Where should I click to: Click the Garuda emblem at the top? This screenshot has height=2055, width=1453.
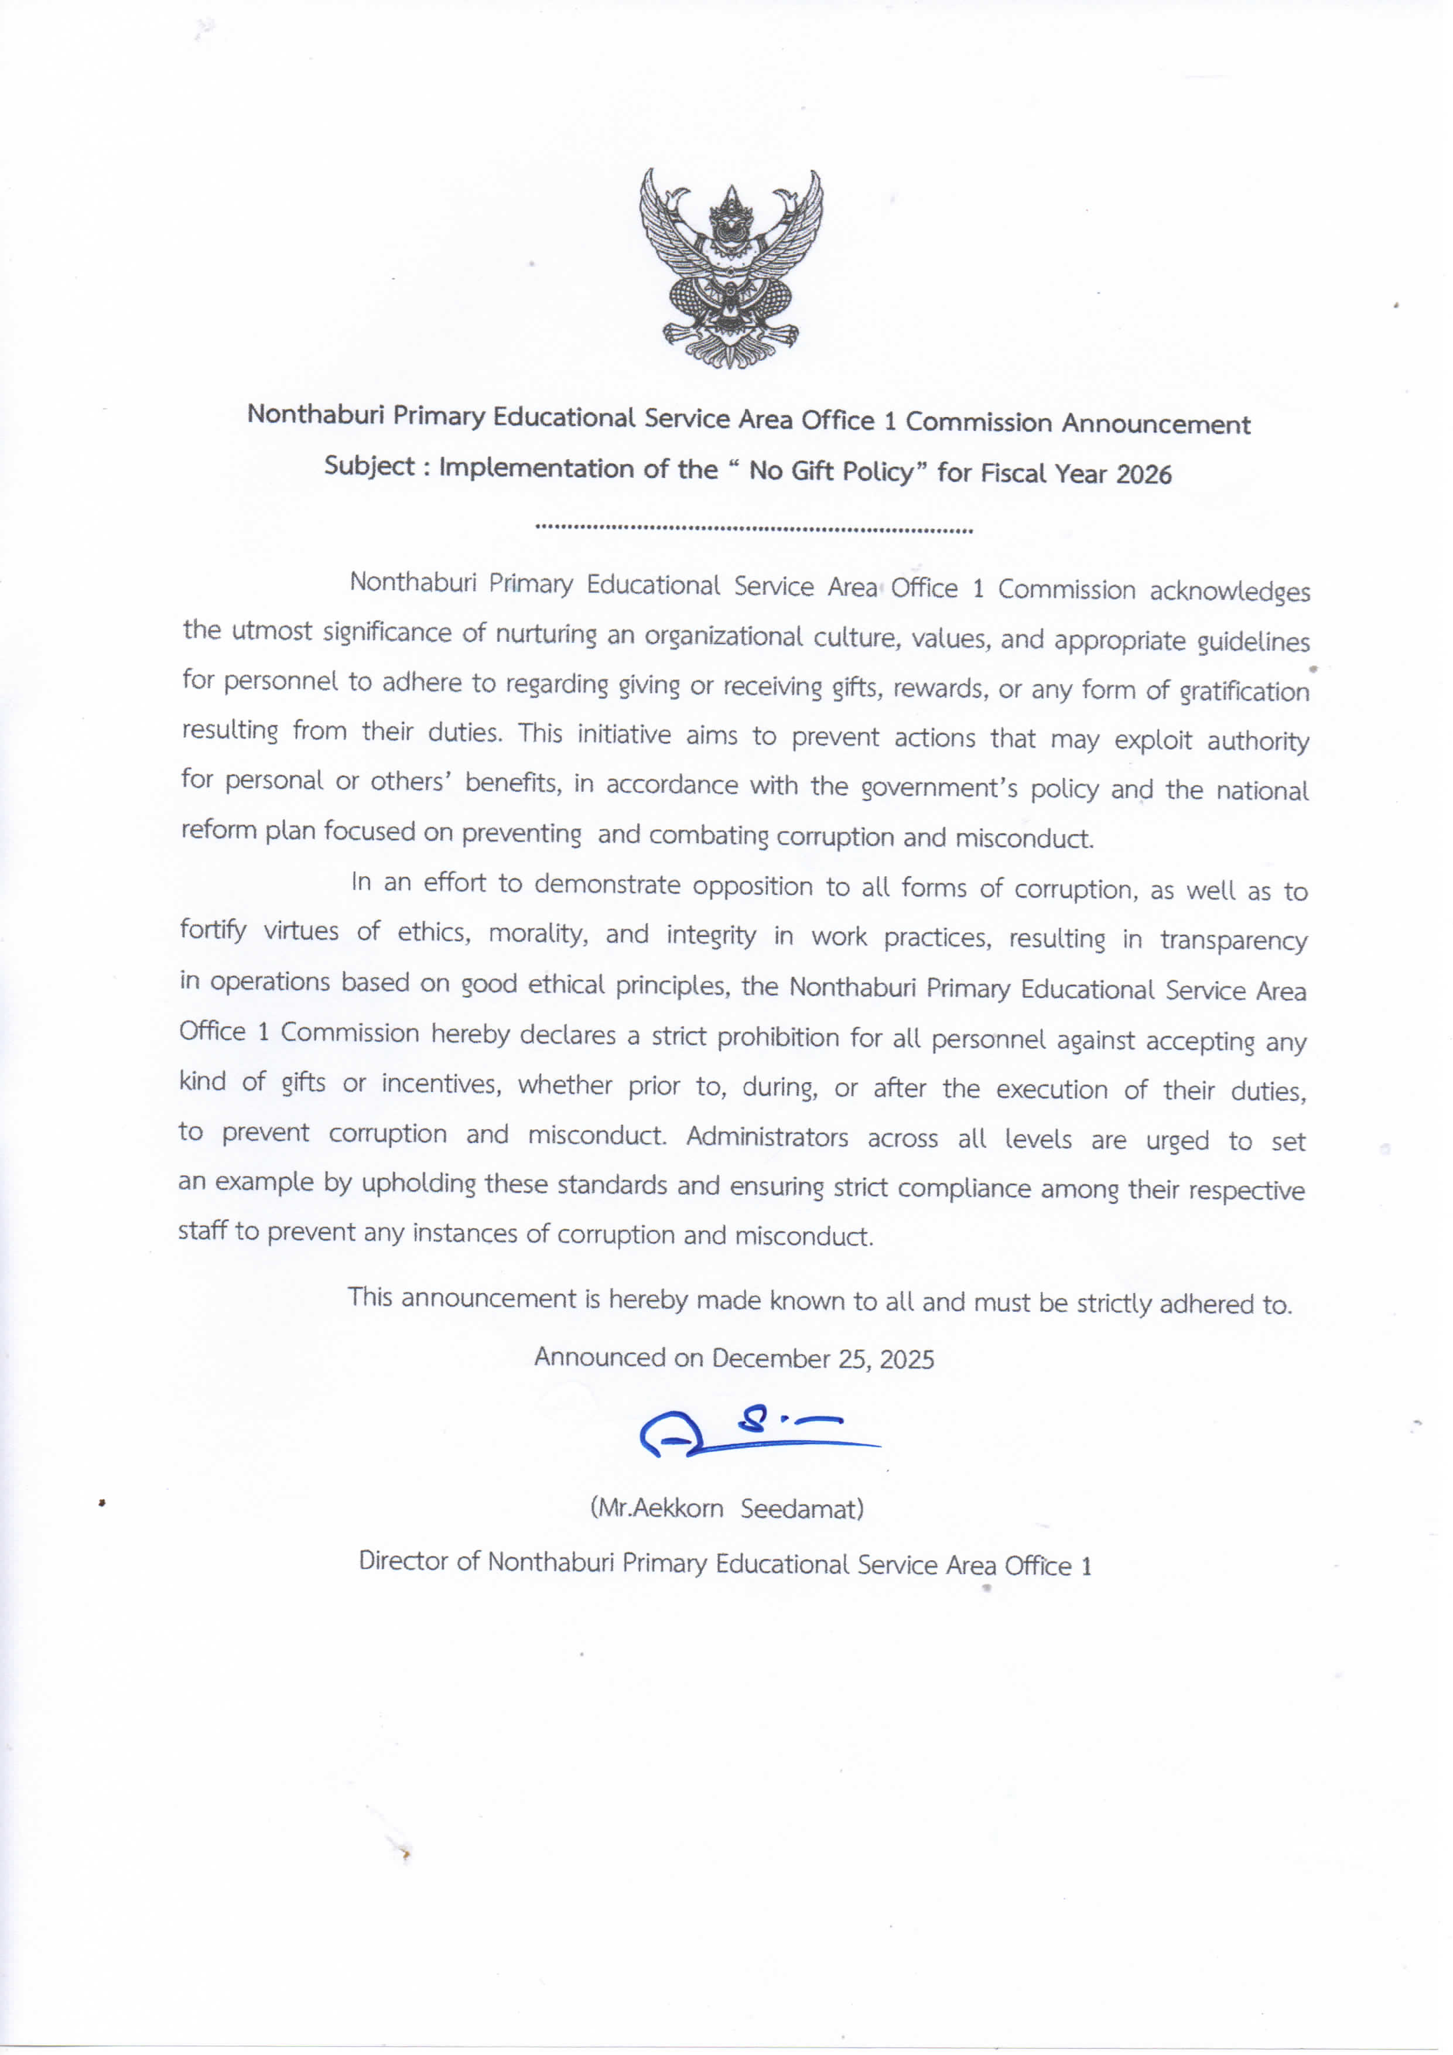[x=730, y=268]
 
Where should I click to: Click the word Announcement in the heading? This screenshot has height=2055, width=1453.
[x=1155, y=424]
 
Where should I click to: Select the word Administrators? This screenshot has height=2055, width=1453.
[x=767, y=1137]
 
